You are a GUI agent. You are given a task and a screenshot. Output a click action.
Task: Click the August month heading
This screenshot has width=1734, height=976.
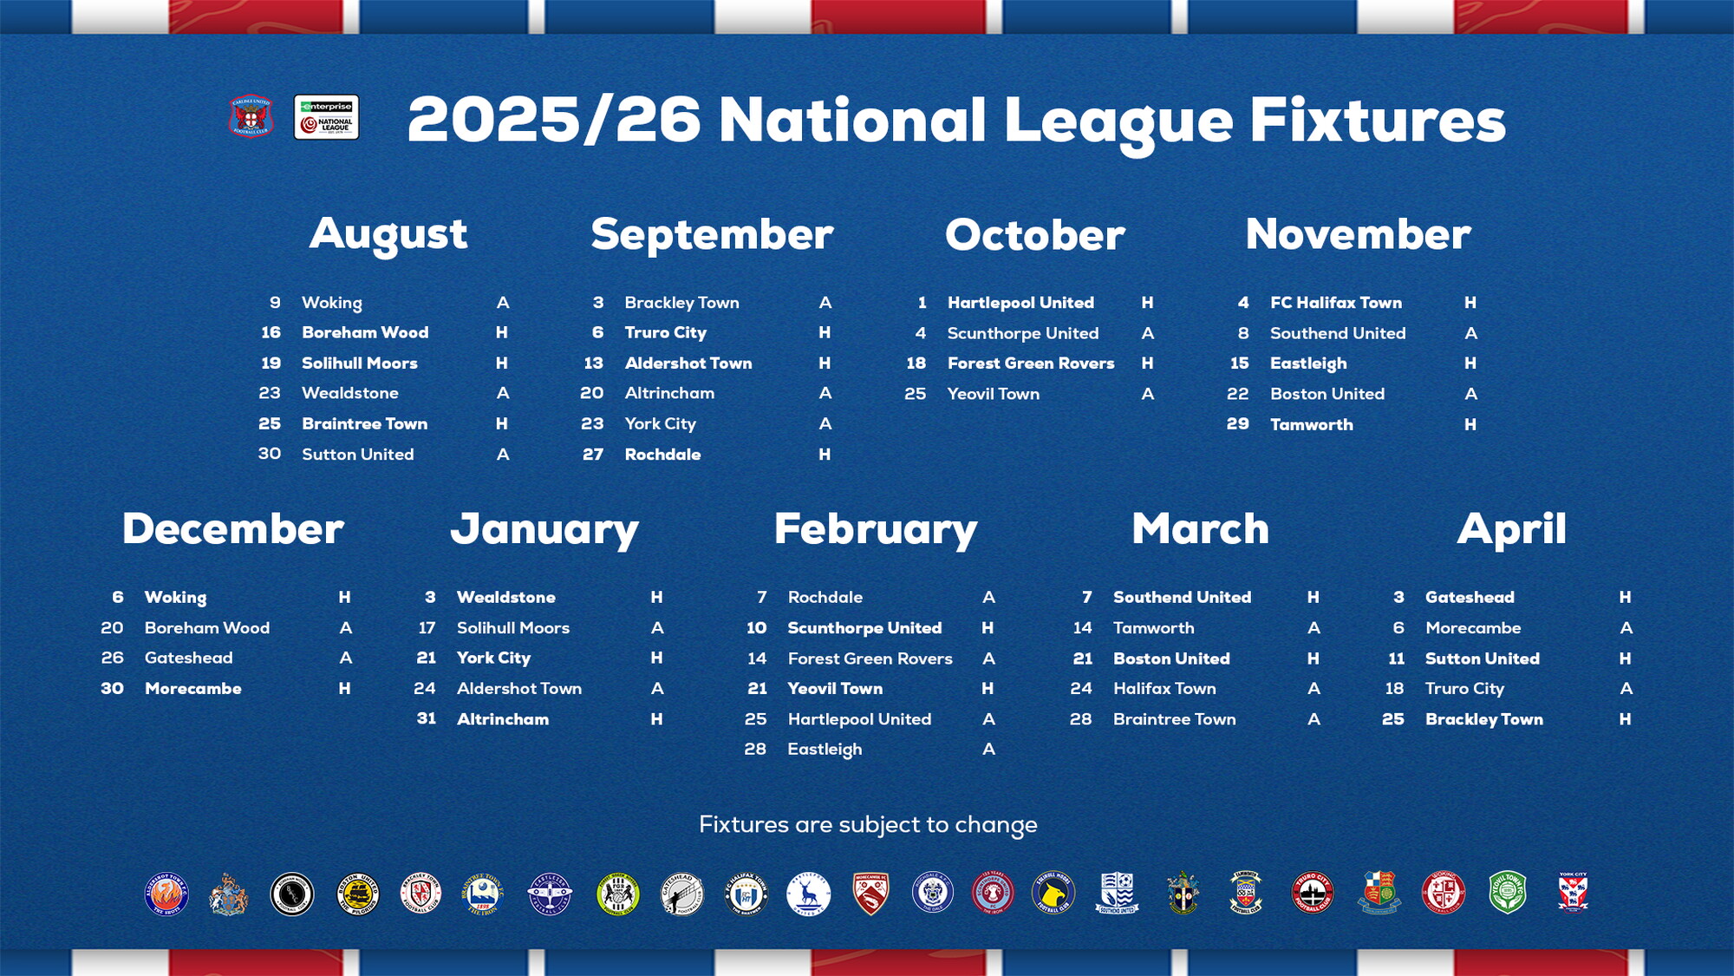pos(388,234)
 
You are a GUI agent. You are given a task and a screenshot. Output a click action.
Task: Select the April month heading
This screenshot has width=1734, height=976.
pos(1511,529)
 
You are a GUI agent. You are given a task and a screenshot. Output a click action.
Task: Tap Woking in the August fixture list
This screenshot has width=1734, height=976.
pos(331,303)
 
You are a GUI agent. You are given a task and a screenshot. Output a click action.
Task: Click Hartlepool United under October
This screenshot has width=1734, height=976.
pos(1020,303)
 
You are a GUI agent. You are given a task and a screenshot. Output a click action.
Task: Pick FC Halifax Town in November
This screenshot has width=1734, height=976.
pos(1335,303)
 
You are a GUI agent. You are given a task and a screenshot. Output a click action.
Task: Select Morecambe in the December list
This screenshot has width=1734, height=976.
pos(192,689)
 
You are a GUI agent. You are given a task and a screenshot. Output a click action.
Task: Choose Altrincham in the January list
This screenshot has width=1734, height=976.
pos(502,719)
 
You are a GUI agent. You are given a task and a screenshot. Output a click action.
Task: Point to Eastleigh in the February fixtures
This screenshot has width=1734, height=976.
pos(824,750)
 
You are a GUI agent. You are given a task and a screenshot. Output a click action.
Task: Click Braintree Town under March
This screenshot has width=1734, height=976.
pos(1174,719)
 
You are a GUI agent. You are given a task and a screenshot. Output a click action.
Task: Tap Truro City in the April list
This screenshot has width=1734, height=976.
pos(1464,689)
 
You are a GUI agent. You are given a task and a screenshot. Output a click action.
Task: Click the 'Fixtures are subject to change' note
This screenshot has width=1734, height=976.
pos(868,824)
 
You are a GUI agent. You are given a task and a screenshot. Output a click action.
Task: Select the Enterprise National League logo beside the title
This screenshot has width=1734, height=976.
pos(326,117)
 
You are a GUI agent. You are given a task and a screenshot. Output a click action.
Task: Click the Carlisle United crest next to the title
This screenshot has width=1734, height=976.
pos(251,116)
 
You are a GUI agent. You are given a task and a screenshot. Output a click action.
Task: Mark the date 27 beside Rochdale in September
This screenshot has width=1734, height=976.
pos(593,455)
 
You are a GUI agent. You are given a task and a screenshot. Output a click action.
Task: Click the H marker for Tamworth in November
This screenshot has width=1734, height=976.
pos(1470,424)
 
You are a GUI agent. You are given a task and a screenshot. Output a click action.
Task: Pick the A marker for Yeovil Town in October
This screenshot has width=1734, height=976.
pos(1147,394)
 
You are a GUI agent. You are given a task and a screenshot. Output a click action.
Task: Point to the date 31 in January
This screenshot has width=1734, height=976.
pos(426,719)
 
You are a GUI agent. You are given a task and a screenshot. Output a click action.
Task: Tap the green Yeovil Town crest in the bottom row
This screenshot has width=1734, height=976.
pos(1508,893)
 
